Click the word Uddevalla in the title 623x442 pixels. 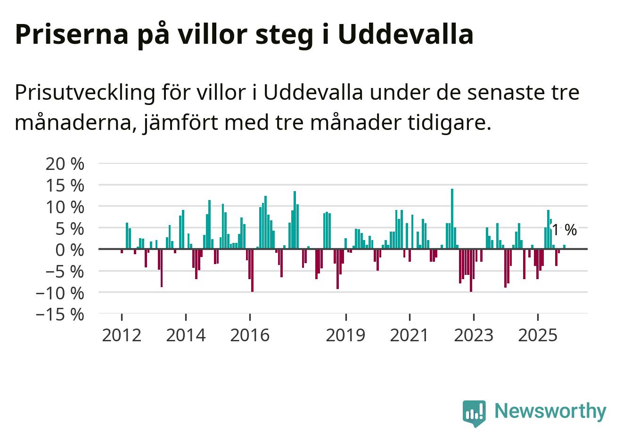[x=405, y=34]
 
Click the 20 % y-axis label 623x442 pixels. [x=65, y=164]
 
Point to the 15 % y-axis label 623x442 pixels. [x=65, y=185]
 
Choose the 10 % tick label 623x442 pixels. [x=65, y=207]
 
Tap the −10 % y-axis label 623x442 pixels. [x=60, y=293]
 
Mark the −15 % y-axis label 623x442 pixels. [x=60, y=314]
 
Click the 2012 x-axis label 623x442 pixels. [x=122, y=335]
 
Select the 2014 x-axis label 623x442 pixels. [x=186, y=335]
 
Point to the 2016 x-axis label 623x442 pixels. [x=250, y=335]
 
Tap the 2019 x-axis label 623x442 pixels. [x=346, y=335]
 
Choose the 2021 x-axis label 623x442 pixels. [x=410, y=335]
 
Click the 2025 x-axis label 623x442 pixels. [x=537, y=335]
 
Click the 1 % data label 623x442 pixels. [x=564, y=230]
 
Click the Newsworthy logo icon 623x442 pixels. [x=474, y=413]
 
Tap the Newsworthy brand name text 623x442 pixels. [x=550, y=411]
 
